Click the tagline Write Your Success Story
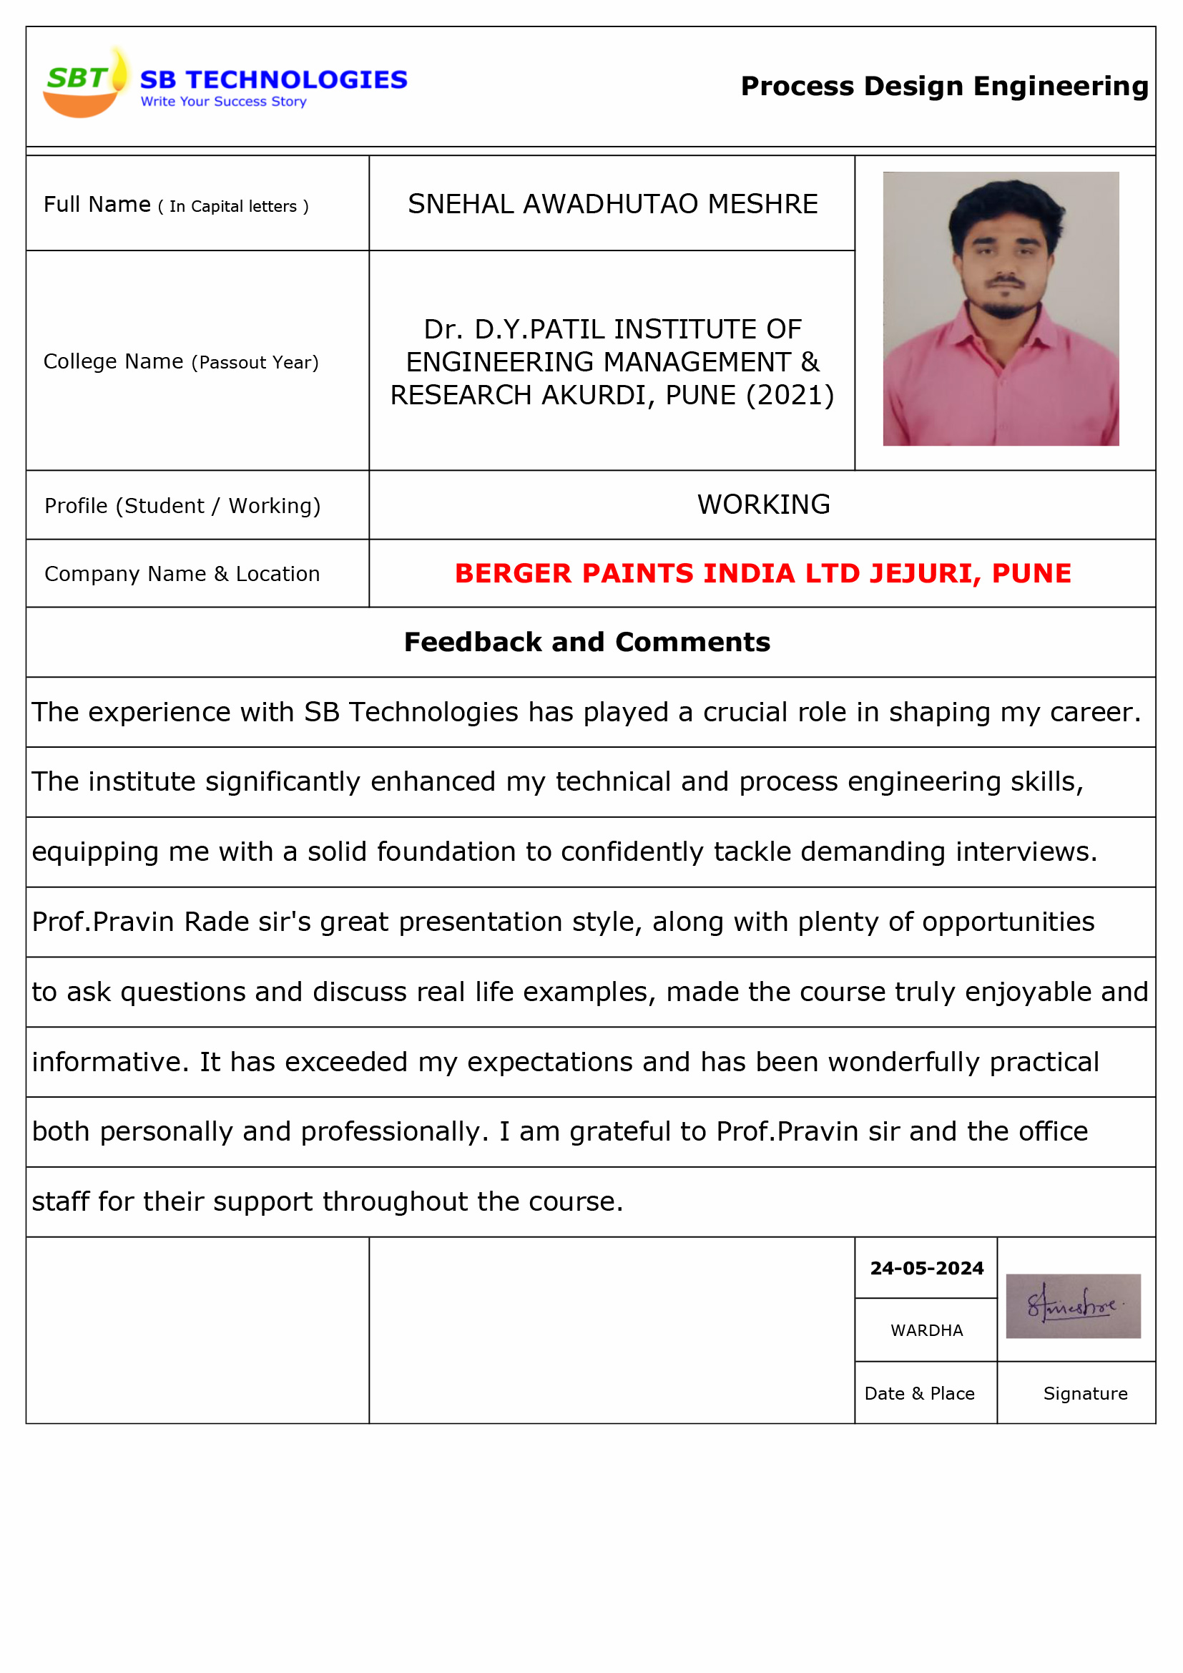(x=223, y=102)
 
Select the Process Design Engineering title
(x=944, y=86)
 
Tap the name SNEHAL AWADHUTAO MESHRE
(x=612, y=204)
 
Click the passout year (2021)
(x=790, y=395)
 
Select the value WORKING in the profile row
(x=763, y=504)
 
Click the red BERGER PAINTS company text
(x=762, y=573)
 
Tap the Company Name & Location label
(x=182, y=574)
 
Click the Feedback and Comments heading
(x=587, y=642)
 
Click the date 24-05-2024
(x=926, y=1269)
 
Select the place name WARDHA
(x=926, y=1330)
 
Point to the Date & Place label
(x=919, y=1393)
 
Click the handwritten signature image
(x=1072, y=1307)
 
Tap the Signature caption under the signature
(x=1086, y=1393)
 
